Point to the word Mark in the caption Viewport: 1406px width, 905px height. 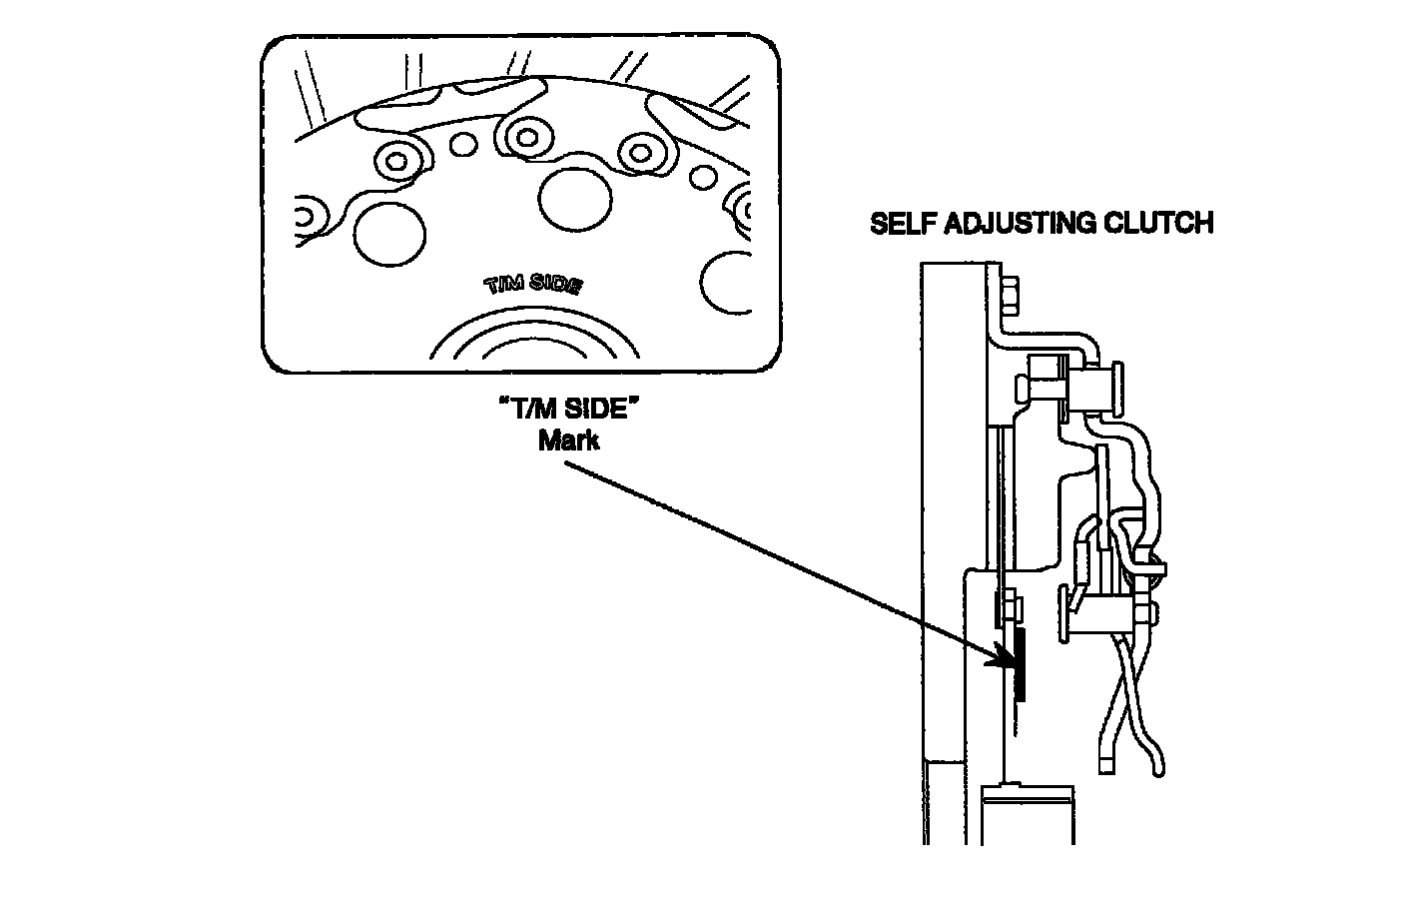[568, 440]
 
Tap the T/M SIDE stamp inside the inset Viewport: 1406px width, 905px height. [533, 285]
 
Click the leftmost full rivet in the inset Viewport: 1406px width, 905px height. [396, 160]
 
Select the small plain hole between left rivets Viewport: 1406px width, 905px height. [462, 145]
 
